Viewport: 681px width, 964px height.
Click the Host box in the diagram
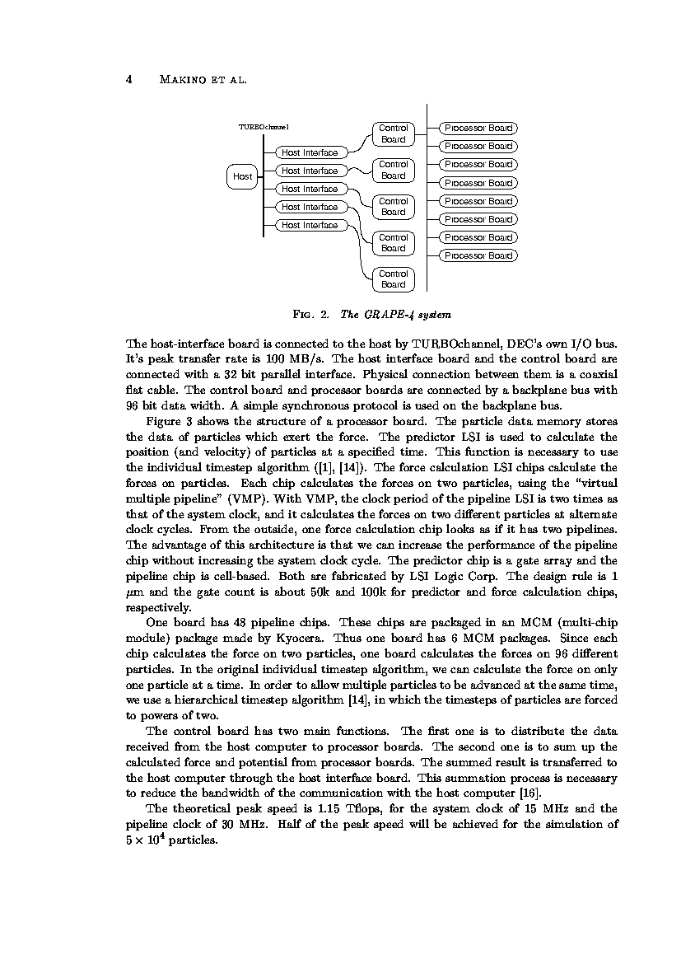[242, 176]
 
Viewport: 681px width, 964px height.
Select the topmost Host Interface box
[310, 152]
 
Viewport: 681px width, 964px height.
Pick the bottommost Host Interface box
[310, 225]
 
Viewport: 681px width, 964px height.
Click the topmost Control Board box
[393, 133]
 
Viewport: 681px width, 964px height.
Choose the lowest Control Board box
[393, 279]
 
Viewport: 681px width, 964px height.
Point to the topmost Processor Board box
[478, 128]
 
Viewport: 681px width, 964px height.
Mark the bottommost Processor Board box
[478, 255]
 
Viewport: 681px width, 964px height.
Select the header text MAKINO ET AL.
[203, 81]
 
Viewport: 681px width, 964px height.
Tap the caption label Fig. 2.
[311, 315]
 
